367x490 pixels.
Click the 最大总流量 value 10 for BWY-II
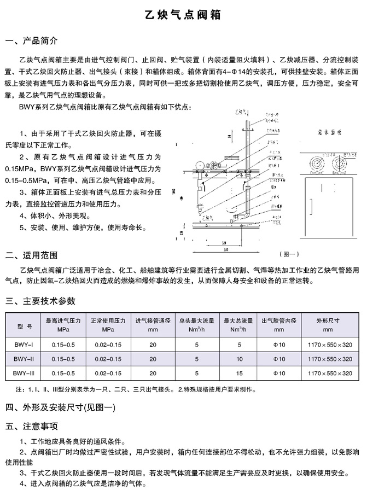[239, 359]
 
